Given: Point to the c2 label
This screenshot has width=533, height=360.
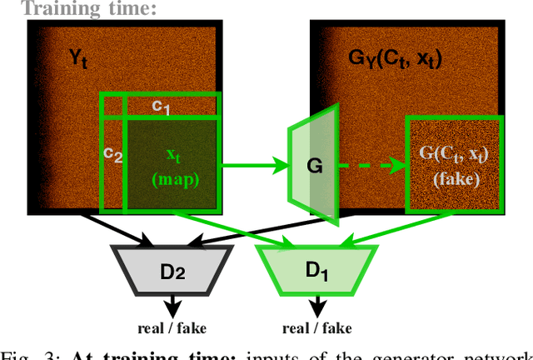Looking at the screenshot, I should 112,153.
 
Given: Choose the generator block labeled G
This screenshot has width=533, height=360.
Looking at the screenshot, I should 314,167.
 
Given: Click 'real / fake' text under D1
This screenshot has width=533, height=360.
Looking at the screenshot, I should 316,326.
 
